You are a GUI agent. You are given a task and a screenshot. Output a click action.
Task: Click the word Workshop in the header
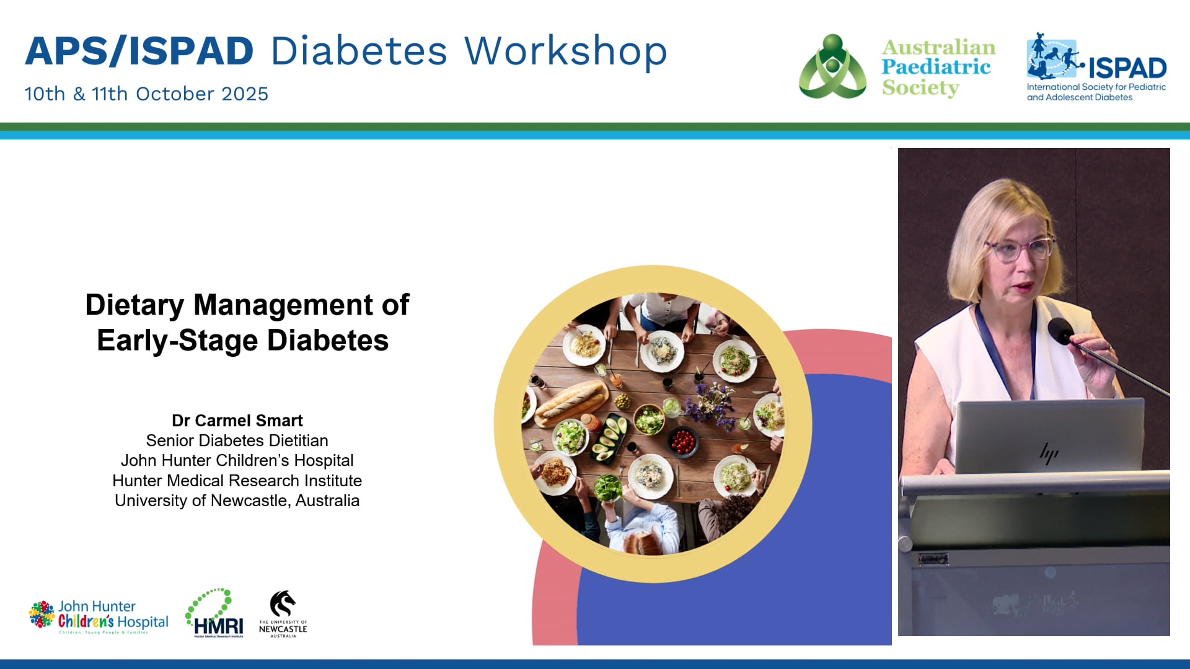pyautogui.click(x=565, y=51)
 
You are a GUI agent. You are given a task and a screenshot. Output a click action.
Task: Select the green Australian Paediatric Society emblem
pyautogui.click(x=832, y=67)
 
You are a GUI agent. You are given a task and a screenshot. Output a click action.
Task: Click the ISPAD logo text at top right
pyautogui.click(x=1127, y=68)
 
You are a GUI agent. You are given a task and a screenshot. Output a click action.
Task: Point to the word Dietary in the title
pyautogui.click(x=134, y=305)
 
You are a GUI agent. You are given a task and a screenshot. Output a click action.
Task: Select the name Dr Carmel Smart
pyautogui.click(x=237, y=421)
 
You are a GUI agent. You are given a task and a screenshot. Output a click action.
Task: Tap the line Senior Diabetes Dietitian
pyautogui.click(x=237, y=440)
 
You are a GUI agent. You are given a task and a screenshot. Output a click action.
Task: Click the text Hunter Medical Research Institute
pyautogui.click(x=237, y=481)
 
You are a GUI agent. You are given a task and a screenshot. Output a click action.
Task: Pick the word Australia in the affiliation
pyautogui.click(x=327, y=501)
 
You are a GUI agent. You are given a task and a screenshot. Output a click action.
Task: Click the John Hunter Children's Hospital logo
pyautogui.click(x=99, y=617)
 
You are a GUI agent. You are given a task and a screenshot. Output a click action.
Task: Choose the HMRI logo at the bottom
pyautogui.click(x=214, y=614)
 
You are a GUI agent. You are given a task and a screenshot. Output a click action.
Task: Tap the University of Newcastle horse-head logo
pyautogui.click(x=283, y=605)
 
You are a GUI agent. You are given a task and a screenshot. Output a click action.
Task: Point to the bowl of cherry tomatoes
pyautogui.click(x=683, y=441)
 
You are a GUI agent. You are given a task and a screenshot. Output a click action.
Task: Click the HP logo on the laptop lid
pyautogui.click(x=1049, y=454)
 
